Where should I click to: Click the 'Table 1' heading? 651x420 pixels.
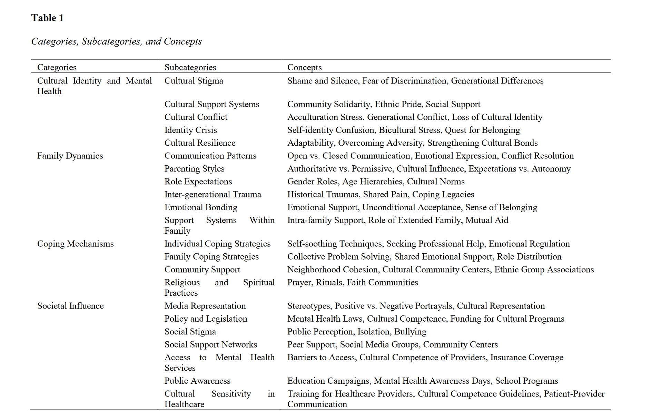(47, 18)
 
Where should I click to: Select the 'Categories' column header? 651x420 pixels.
(57, 67)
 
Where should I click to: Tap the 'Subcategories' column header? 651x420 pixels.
(190, 67)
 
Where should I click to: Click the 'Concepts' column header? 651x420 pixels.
(304, 67)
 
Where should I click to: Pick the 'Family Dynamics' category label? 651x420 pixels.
(70, 156)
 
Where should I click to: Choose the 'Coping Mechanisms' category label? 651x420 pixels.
(75, 244)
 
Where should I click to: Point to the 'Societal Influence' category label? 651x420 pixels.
(70, 306)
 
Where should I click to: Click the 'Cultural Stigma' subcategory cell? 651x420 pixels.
(194, 81)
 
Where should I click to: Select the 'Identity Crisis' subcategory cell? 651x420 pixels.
(190, 130)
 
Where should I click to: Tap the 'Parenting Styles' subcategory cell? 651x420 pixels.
(194, 169)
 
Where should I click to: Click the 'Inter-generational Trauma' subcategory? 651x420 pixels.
(213, 195)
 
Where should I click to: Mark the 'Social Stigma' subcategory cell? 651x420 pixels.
(190, 332)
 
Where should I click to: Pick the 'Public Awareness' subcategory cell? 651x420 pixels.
(197, 381)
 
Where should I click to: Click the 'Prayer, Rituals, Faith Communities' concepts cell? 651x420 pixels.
(352, 282)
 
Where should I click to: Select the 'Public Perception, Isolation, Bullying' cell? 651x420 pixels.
(356, 332)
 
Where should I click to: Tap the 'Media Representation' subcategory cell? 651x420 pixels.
(205, 306)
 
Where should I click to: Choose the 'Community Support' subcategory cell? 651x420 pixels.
(202, 270)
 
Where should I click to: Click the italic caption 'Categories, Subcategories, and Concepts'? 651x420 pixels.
(116, 41)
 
